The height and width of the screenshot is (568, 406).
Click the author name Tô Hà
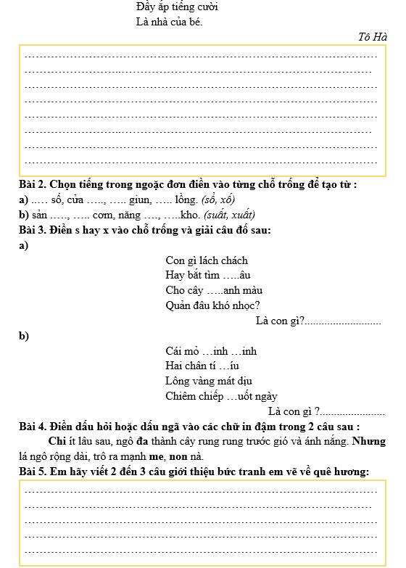tap(373, 37)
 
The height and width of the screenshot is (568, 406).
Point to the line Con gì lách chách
tap(207, 260)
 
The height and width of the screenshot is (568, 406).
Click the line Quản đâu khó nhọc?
tap(213, 305)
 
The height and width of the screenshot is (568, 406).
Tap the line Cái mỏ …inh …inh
tap(211, 351)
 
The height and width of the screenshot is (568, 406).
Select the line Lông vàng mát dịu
tap(209, 381)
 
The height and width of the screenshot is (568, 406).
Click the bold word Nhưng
tap(370, 441)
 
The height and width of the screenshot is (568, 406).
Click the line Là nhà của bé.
tap(169, 21)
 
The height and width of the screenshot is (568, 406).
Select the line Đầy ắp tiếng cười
tap(177, 7)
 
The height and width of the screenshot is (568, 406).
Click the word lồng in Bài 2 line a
tap(186, 199)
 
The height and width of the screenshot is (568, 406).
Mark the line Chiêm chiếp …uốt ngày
tap(221, 396)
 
